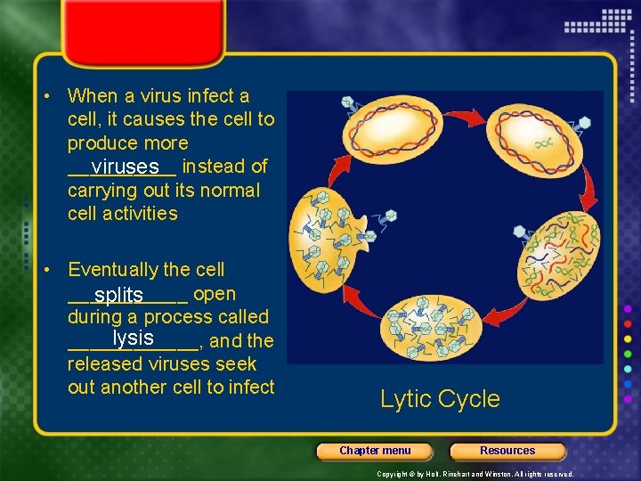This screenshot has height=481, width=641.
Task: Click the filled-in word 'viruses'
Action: [125, 167]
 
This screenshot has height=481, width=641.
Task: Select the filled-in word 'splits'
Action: [119, 295]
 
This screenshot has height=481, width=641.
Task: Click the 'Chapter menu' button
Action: [375, 451]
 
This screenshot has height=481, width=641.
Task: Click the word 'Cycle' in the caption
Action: [472, 399]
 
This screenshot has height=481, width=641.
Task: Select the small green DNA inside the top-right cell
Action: [542, 140]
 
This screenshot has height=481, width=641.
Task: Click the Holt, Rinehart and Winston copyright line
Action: [475, 475]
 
